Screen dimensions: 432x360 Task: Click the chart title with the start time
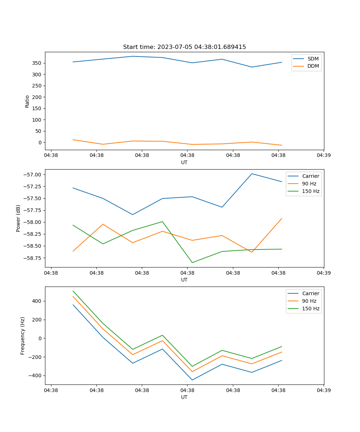(184, 47)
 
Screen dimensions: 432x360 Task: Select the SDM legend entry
(313, 59)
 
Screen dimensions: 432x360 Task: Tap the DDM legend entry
(313, 66)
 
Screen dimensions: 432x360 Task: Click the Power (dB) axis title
(18, 218)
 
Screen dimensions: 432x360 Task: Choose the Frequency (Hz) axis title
(23, 336)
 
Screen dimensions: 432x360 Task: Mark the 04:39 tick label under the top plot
(323, 156)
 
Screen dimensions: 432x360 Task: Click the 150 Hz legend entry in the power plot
(311, 191)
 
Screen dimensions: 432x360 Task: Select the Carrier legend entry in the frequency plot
(310, 293)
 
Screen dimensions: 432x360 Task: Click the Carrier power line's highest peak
(252, 174)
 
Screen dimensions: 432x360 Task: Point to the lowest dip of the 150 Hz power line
(192, 262)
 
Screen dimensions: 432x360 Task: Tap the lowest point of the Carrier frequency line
(192, 380)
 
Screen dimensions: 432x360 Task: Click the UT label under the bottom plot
(184, 397)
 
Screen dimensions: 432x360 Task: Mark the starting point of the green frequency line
(73, 291)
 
